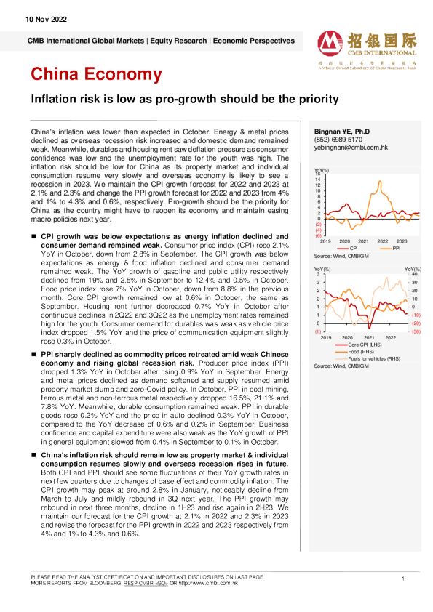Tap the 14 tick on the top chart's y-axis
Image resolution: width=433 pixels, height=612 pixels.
point(318,179)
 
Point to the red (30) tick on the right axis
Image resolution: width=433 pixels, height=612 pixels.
point(416,331)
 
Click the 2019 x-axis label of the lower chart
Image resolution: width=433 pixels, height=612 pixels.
point(325,338)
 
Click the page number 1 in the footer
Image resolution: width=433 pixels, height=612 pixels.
point(402,578)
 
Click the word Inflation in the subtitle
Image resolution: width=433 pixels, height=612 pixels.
point(68,98)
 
